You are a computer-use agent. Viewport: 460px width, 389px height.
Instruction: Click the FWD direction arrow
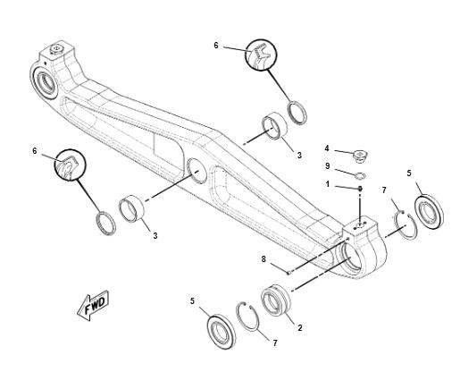point(93,305)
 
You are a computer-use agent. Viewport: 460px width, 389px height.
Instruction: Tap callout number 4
point(327,148)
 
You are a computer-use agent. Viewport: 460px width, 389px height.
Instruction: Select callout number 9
point(328,166)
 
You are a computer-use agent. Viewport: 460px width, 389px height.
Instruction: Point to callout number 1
point(328,184)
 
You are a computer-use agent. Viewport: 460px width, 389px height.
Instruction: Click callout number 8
point(263,259)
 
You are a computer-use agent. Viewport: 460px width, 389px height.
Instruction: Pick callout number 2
point(300,328)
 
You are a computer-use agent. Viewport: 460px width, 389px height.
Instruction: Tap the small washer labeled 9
point(361,176)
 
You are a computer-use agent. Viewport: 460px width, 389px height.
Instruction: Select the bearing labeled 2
point(275,300)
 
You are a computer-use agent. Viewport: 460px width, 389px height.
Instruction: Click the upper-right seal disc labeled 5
point(429,212)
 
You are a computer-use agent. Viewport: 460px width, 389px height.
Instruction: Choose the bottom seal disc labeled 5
point(221,331)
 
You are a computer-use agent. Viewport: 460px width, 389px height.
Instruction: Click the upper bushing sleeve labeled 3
point(274,125)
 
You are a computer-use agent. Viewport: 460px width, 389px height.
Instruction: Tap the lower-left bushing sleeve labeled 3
point(131,208)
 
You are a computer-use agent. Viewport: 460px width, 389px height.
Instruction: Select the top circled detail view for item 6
point(261,55)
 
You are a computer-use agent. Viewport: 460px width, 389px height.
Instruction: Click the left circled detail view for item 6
point(70,165)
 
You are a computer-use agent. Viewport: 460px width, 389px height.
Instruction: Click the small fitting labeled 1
point(360,189)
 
